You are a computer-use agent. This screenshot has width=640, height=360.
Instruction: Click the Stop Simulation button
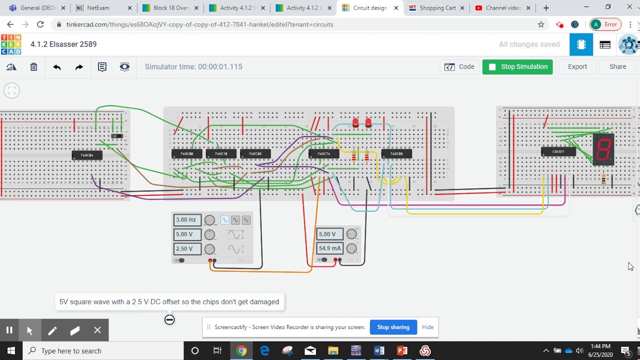(517, 66)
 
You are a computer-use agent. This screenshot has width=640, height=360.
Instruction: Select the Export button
(577, 66)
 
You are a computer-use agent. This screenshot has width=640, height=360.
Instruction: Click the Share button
(617, 66)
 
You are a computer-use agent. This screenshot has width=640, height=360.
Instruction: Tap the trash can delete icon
(33, 67)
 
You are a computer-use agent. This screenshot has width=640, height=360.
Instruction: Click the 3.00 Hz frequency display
(186, 220)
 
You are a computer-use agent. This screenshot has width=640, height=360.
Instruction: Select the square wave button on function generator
(224, 220)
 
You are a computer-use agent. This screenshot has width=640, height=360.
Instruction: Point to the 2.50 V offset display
(186, 248)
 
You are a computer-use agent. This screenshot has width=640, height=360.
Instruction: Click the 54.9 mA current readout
(329, 248)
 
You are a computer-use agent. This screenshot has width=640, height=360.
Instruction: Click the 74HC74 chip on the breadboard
(323, 154)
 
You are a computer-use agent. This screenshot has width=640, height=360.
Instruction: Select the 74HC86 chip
(255, 154)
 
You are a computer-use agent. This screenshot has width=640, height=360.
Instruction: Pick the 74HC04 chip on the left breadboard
(87, 155)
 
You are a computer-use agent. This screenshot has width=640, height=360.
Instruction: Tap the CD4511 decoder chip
(558, 151)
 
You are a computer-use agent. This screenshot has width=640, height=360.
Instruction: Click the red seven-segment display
(603, 149)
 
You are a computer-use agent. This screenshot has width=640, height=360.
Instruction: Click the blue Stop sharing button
(393, 327)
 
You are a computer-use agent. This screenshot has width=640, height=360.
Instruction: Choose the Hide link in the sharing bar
(427, 327)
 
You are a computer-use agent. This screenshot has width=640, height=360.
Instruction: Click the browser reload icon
(40, 24)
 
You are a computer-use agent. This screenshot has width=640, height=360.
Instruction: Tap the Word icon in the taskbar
(379, 350)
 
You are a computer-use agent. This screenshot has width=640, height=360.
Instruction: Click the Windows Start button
(11, 350)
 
